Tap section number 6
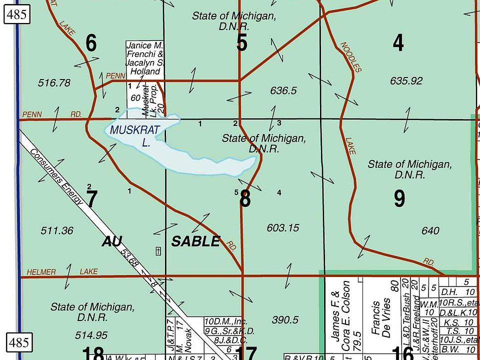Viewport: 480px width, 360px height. (91, 43)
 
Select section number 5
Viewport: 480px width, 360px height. (242, 43)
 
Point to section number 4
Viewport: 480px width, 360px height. (398, 43)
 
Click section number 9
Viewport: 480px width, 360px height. (399, 199)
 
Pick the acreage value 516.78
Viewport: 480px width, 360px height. (54, 83)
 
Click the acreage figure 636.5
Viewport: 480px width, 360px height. (283, 91)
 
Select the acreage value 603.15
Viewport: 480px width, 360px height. (282, 228)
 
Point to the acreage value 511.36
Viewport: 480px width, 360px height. (57, 231)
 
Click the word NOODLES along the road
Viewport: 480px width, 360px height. (350, 57)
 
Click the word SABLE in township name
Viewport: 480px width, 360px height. (195, 241)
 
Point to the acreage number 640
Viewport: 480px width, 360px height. (430, 230)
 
